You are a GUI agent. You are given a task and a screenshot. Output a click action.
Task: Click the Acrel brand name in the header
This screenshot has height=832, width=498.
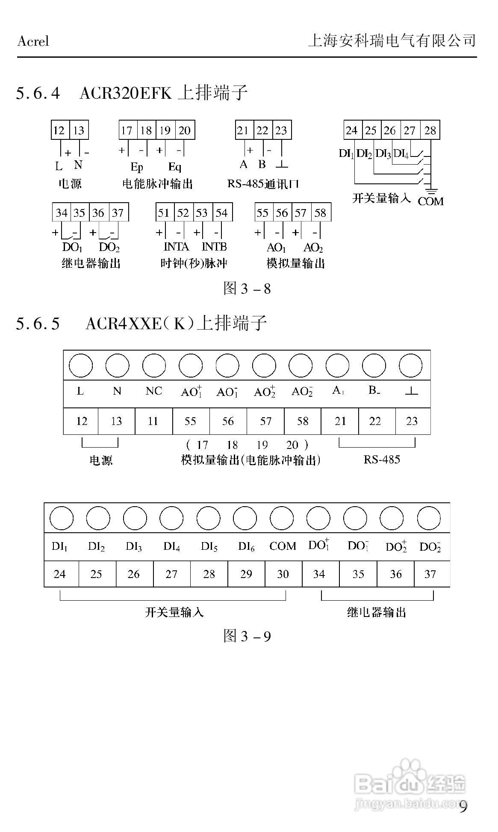click(33, 41)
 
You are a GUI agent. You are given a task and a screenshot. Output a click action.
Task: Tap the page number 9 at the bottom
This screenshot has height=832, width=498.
click(463, 806)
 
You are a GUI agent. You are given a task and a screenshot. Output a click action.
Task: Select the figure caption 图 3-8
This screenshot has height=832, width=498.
click(247, 289)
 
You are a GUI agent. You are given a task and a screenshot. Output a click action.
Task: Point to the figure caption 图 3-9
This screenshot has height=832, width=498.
click(247, 636)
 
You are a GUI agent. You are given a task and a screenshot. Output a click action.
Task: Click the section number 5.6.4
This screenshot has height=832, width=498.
click(38, 93)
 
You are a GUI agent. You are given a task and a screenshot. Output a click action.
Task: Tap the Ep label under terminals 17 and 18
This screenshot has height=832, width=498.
click(136, 167)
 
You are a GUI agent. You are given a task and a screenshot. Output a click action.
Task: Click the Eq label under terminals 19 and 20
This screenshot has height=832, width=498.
click(174, 167)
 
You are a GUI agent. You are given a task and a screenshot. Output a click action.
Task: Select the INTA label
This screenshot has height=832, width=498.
click(176, 247)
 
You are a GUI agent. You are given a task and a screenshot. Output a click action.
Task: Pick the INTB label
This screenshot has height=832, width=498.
click(214, 247)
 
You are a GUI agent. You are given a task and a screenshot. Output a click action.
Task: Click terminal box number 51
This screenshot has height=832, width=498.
click(164, 212)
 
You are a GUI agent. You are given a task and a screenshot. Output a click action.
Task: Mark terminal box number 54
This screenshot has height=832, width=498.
click(222, 212)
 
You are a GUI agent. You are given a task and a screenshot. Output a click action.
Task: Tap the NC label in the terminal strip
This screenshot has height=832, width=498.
click(154, 391)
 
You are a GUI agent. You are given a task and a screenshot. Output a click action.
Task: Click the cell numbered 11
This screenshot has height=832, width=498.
click(153, 421)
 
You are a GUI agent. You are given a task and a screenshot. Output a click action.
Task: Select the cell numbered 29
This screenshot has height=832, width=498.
click(246, 574)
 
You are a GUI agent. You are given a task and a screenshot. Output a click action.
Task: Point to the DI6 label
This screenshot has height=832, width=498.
click(246, 546)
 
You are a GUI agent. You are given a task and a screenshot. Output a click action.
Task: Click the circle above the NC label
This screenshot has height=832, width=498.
click(154, 366)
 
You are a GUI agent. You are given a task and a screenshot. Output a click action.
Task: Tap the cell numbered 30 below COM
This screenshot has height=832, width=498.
click(283, 574)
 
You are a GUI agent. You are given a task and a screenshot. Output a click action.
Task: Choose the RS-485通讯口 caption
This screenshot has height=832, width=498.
click(263, 184)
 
